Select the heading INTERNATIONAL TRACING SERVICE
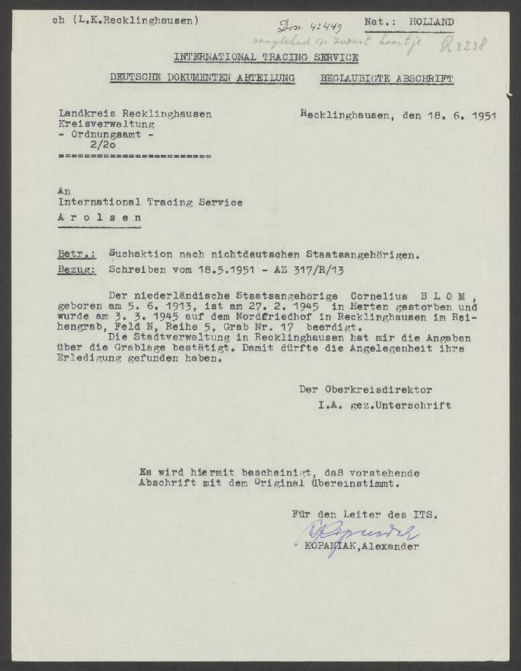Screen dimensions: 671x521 click(x=266, y=57)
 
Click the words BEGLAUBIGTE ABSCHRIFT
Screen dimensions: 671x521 click(x=387, y=79)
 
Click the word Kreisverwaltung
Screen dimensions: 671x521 click(x=107, y=124)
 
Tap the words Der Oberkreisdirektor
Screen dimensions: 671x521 click(x=365, y=389)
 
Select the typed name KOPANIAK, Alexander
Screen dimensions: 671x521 click(x=362, y=547)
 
